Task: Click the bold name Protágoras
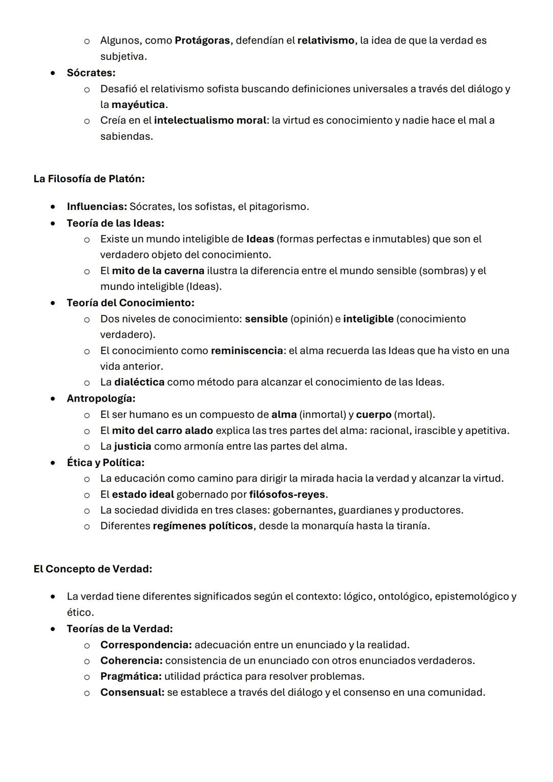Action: [x=202, y=40]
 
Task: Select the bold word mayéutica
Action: [x=138, y=104]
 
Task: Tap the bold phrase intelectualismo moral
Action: [x=210, y=120]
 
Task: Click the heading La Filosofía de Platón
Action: [x=89, y=179]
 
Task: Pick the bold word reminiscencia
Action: [x=247, y=351]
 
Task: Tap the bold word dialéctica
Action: [x=139, y=382]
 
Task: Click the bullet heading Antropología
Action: [x=101, y=398]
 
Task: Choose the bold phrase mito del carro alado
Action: [x=162, y=430]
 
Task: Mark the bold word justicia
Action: [x=133, y=446]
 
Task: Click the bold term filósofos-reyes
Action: [x=287, y=495]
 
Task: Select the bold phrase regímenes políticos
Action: [x=203, y=526]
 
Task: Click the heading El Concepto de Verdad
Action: [x=93, y=569]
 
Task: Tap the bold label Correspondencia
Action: [x=146, y=645]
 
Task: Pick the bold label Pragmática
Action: [x=131, y=677]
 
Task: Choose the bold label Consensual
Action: [x=132, y=692]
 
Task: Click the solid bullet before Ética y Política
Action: [x=53, y=463]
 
